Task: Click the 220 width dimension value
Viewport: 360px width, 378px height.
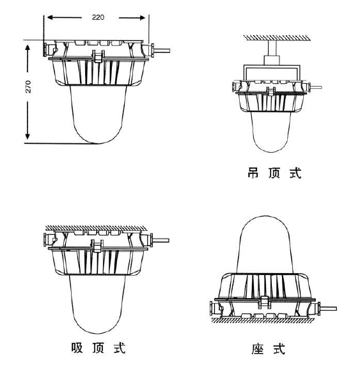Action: tap(98, 17)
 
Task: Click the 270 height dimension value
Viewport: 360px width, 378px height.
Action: tap(28, 87)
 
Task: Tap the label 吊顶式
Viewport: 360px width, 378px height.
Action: tap(274, 173)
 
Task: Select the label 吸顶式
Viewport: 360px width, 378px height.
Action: tap(98, 348)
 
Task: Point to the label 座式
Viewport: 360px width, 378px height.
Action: tap(268, 349)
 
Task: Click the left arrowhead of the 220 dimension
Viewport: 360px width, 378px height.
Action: tap(50, 17)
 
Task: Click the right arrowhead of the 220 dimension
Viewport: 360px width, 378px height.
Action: tap(143, 18)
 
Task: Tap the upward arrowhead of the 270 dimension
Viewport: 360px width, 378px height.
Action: tap(27, 48)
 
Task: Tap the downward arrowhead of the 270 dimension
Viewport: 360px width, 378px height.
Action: tap(27, 136)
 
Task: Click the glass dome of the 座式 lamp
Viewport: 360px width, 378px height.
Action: tap(265, 244)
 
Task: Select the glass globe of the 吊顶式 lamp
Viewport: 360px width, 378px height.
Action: tap(270, 132)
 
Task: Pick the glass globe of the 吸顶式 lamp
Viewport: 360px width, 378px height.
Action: tap(97, 304)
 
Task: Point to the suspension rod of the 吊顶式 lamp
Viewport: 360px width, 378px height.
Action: tap(272, 48)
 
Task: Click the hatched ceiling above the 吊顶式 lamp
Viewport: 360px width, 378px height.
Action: tap(277, 38)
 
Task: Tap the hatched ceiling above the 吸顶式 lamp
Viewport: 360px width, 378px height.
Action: tap(97, 228)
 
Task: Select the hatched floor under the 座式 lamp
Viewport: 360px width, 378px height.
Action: tap(263, 320)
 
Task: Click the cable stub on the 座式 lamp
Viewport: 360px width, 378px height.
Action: tap(329, 308)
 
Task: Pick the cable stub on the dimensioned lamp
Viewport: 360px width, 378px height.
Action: tap(162, 51)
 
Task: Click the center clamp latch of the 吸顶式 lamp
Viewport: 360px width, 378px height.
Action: tap(97, 246)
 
